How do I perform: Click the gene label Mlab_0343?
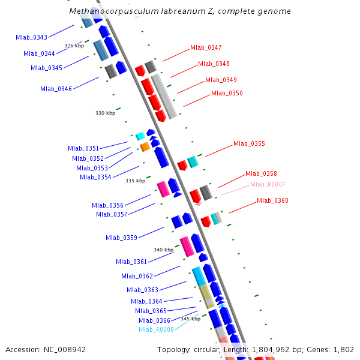click(x=32, y=37)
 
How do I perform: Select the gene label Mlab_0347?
click(x=206, y=47)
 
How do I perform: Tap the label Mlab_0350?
click(x=227, y=93)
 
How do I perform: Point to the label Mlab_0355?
click(x=249, y=143)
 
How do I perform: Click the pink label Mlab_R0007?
click(x=268, y=184)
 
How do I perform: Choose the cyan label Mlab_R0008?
click(x=156, y=329)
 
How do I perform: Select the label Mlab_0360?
click(x=272, y=200)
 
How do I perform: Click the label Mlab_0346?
click(x=56, y=89)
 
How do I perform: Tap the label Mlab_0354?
click(x=95, y=177)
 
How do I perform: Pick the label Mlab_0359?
click(x=121, y=238)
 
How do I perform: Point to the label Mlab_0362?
click(x=137, y=276)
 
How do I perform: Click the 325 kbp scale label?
click(x=74, y=46)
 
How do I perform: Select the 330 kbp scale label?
click(x=105, y=113)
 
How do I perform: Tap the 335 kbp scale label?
click(x=135, y=181)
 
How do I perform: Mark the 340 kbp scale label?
click(x=163, y=250)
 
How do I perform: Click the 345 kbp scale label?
click(x=190, y=319)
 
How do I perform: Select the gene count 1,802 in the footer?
click(x=343, y=349)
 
